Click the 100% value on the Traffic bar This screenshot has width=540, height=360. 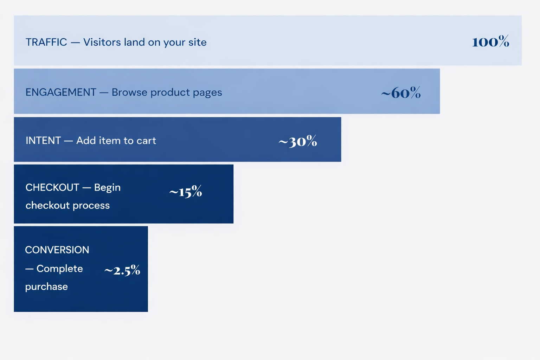pyautogui.click(x=490, y=42)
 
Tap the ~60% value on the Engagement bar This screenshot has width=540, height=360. pyautogui.click(x=401, y=93)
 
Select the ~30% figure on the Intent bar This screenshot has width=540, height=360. pyautogui.click(x=298, y=141)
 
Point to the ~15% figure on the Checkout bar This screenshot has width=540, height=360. pyautogui.click(x=186, y=192)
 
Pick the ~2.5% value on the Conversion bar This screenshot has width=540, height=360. pyautogui.click(x=122, y=270)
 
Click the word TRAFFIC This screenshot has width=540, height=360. pyautogui.click(x=46, y=42)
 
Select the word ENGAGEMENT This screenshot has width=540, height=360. pyautogui.click(x=60, y=92)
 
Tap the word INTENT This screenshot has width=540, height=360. pyautogui.click(x=43, y=141)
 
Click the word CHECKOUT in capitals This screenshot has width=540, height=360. pyautogui.click(x=52, y=187)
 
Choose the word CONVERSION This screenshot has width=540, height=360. pyautogui.click(x=57, y=250)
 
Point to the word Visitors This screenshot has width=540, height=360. pyautogui.click(x=102, y=42)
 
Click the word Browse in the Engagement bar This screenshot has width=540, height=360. pyautogui.click(x=129, y=92)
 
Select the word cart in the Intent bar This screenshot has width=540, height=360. pyautogui.click(x=146, y=141)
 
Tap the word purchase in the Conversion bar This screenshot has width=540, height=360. pyautogui.click(x=46, y=287)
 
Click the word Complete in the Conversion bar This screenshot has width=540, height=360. pyautogui.click(x=60, y=269)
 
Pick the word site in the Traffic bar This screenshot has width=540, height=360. pyautogui.click(x=197, y=42)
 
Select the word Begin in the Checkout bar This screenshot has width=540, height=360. pyautogui.click(x=107, y=188)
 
